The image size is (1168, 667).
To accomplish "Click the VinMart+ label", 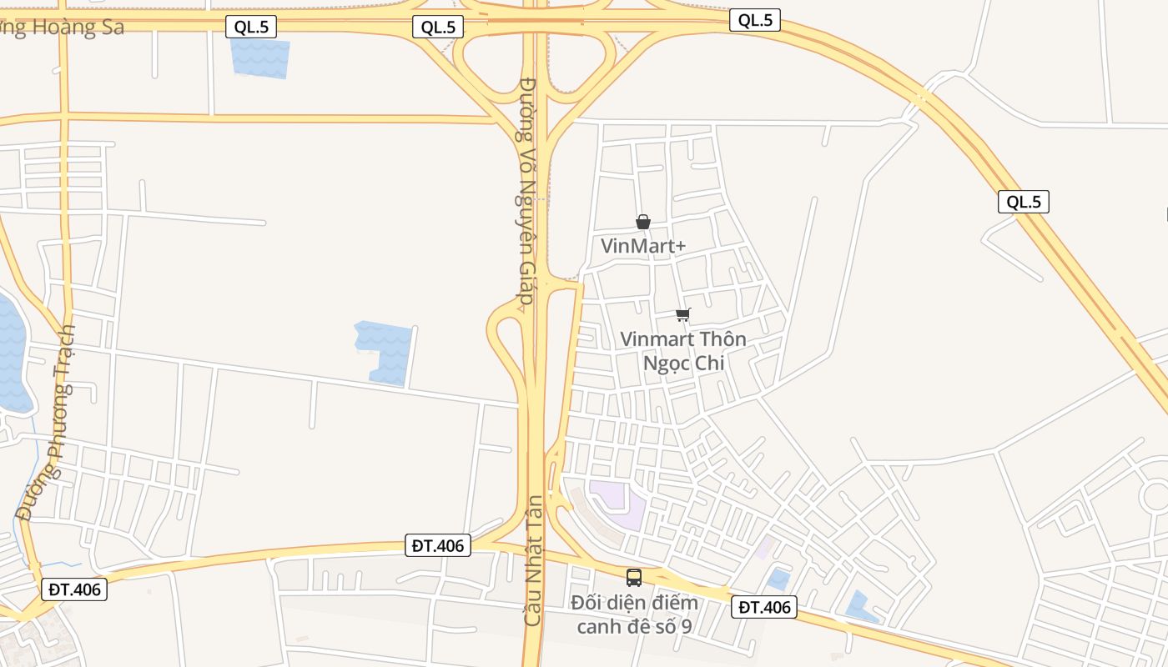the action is click(x=643, y=246).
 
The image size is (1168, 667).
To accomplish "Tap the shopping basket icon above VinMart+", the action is click(x=643, y=222).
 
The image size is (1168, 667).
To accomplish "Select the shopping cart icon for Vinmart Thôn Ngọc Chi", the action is click(x=683, y=314).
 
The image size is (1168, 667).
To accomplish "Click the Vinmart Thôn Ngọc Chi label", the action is click(x=682, y=351).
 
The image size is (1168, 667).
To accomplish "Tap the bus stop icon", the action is click(x=634, y=577).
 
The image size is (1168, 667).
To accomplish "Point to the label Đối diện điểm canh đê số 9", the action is click(x=634, y=614).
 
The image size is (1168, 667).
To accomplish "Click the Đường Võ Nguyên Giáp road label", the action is click(x=526, y=192).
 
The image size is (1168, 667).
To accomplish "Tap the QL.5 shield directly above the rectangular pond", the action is click(x=251, y=27).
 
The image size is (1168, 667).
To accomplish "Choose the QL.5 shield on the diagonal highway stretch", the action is click(x=1023, y=202).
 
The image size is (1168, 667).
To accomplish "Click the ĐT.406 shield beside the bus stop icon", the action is click(x=763, y=607).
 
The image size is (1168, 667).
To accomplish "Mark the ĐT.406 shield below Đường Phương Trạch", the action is click(x=74, y=589).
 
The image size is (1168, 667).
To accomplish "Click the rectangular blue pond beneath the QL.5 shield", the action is click(x=260, y=58).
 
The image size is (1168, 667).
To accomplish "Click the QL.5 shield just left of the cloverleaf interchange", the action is click(x=438, y=27).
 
